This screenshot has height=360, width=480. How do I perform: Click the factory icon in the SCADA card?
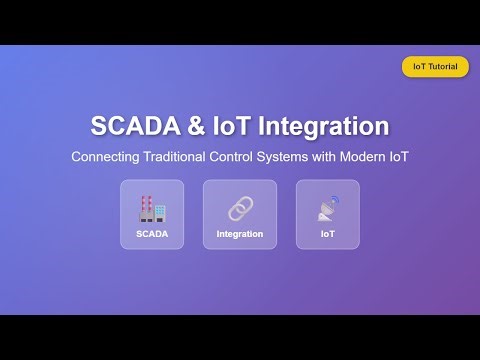tap(152, 208)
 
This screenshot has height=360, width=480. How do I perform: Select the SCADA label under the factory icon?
tap(152, 234)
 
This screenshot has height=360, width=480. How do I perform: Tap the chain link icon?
tap(239, 208)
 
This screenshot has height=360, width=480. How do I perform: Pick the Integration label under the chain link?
tap(239, 234)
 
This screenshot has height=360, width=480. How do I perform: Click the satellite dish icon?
tap(327, 209)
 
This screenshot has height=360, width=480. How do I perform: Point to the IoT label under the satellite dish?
tap(327, 234)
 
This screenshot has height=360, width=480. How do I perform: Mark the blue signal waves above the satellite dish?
tap(333, 201)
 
